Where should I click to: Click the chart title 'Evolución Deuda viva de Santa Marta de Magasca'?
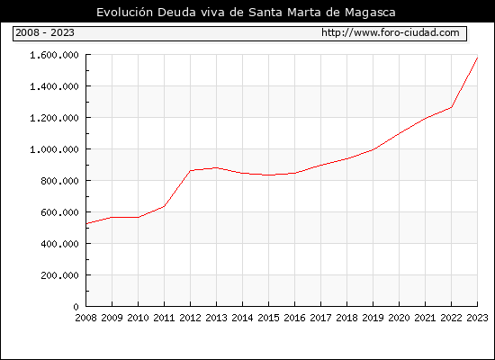[x=246, y=13]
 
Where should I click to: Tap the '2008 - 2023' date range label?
[x=45, y=32]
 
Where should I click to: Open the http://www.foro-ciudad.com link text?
[x=391, y=32]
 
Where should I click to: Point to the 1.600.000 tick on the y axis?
[x=54, y=55]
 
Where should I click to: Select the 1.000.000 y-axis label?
[x=54, y=149]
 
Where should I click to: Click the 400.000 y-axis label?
[x=59, y=244]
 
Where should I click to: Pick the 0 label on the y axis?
[x=76, y=307]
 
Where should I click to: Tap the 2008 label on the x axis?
[x=85, y=318]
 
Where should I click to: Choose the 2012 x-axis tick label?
[x=190, y=318]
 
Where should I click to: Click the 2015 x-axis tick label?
[x=268, y=318]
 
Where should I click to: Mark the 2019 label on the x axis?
[x=373, y=318]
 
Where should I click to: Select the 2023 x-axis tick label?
[x=477, y=318]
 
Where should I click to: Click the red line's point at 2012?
[x=191, y=170]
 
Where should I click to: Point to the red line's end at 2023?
[x=477, y=58]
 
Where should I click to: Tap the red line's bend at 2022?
[x=452, y=107]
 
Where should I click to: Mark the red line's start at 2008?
[x=86, y=223]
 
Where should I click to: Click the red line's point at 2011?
[x=164, y=206]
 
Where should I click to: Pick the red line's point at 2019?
[x=373, y=149]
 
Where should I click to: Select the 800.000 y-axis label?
[x=59, y=181]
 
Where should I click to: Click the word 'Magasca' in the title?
[x=370, y=13]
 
